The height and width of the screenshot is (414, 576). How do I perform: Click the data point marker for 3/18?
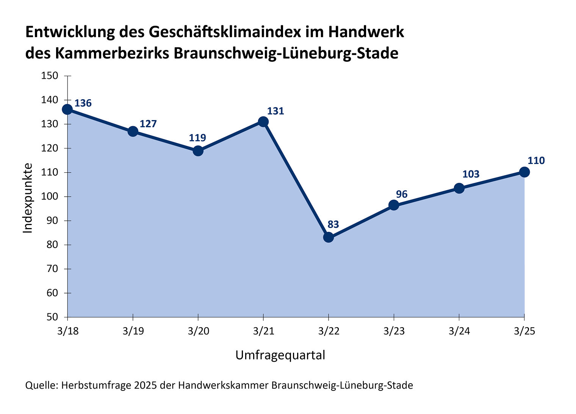tap(67, 109)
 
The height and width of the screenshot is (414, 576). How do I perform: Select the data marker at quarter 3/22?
tap(329, 237)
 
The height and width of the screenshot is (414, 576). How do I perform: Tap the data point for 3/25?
tap(524, 172)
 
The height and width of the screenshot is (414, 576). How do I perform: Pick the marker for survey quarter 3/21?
tap(263, 122)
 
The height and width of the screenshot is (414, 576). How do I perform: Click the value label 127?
tap(148, 124)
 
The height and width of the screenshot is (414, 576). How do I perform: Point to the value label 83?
tap(333, 224)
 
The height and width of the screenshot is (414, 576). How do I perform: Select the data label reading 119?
tap(197, 137)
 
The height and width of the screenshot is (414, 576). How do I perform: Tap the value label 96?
tap(402, 194)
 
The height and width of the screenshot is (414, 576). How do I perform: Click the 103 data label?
tap(471, 174)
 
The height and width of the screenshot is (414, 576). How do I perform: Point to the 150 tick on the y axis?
tap(49, 76)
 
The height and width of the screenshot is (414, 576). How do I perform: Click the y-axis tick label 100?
tap(49, 197)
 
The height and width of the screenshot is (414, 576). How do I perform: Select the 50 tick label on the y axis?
tap(52, 317)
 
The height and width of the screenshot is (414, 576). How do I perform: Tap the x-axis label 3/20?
tap(198, 331)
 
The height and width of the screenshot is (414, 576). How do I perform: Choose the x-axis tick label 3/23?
tap(394, 331)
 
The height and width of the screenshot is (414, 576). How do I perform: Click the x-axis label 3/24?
tap(459, 331)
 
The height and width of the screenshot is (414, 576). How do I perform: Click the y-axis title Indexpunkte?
tap(28, 198)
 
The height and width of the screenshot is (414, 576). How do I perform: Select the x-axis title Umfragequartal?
tap(280, 355)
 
